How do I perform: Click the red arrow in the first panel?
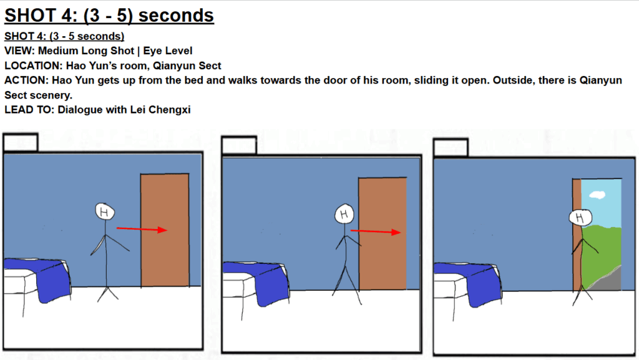point(142,229)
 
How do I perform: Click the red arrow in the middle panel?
point(376,231)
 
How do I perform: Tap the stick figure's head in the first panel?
point(105,212)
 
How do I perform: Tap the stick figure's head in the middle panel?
point(344,214)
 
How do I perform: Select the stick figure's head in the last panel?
point(580,218)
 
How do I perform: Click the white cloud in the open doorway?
point(597,195)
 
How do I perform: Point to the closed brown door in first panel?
point(165,230)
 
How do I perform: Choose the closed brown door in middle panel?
point(383,233)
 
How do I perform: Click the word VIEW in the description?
point(19,51)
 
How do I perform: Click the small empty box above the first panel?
point(21,143)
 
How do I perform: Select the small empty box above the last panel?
point(451,148)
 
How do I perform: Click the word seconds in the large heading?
point(176,16)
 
